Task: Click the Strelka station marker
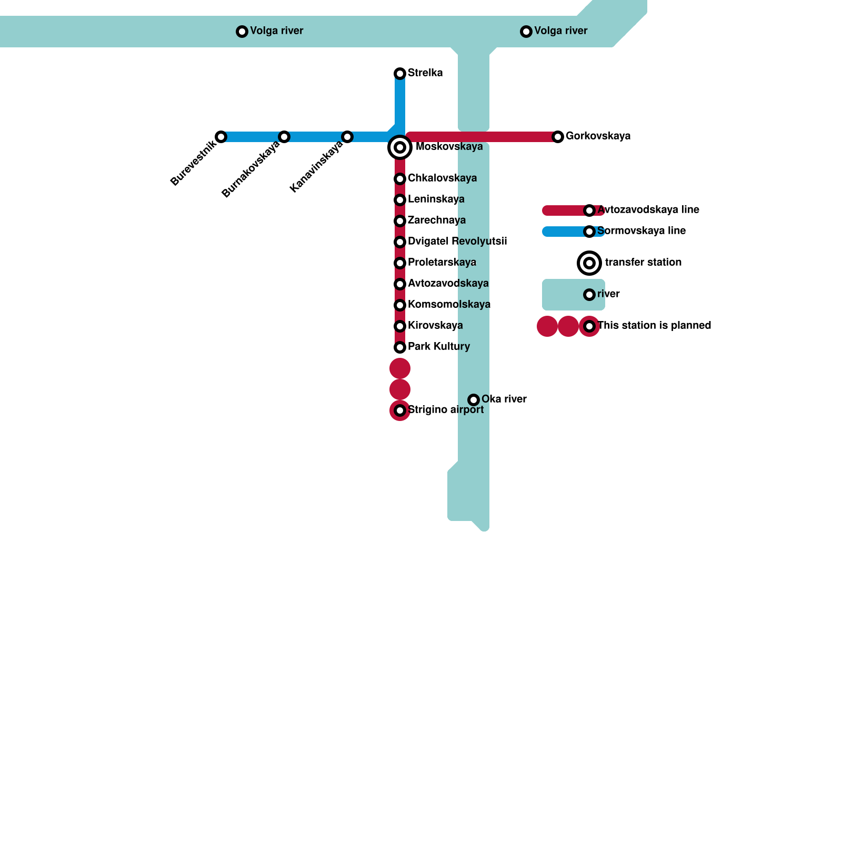400,74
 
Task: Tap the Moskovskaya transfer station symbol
400,147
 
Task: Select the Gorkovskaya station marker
558,137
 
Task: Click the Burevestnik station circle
222,137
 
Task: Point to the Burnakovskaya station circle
284,137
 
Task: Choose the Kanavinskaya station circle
347,137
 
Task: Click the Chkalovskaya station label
442,178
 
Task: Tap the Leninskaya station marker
400,200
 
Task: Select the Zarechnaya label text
436,220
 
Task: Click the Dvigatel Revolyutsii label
457,242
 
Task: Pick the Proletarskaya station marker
400,263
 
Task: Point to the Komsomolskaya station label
449,305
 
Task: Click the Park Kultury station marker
400,347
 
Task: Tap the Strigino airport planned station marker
400,410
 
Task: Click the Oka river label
504,399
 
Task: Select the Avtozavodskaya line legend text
648,210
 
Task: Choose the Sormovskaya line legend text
641,231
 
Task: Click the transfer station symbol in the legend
589,263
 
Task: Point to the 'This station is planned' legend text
654,326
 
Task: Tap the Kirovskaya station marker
400,326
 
